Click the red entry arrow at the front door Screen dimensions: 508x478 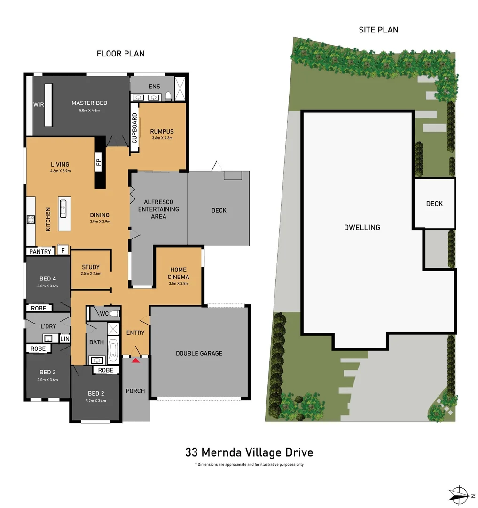tap(136, 360)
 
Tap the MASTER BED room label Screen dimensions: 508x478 tap(89, 103)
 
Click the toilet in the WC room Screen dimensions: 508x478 tap(116, 313)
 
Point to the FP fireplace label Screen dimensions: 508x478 tap(99, 163)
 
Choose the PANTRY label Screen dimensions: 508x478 tap(40, 252)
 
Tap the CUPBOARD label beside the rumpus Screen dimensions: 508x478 tap(134, 128)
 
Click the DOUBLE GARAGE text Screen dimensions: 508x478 tap(199, 353)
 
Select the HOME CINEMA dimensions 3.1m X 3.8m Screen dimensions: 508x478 tap(178, 283)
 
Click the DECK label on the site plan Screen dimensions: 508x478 tap(434, 204)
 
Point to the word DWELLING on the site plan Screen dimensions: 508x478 tap(362, 227)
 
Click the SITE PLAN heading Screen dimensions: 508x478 tap(378, 30)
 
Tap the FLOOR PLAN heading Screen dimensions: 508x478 tap(120, 54)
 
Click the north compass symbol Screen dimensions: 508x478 tap(458, 494)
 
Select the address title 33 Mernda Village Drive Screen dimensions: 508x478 tap(249, 452)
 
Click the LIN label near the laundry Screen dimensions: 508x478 tap(65, 339)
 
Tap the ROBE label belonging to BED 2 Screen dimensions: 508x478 tap(106, 370)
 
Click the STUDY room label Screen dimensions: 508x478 tap(91, 267)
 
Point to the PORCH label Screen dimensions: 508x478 tap(135, 391)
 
